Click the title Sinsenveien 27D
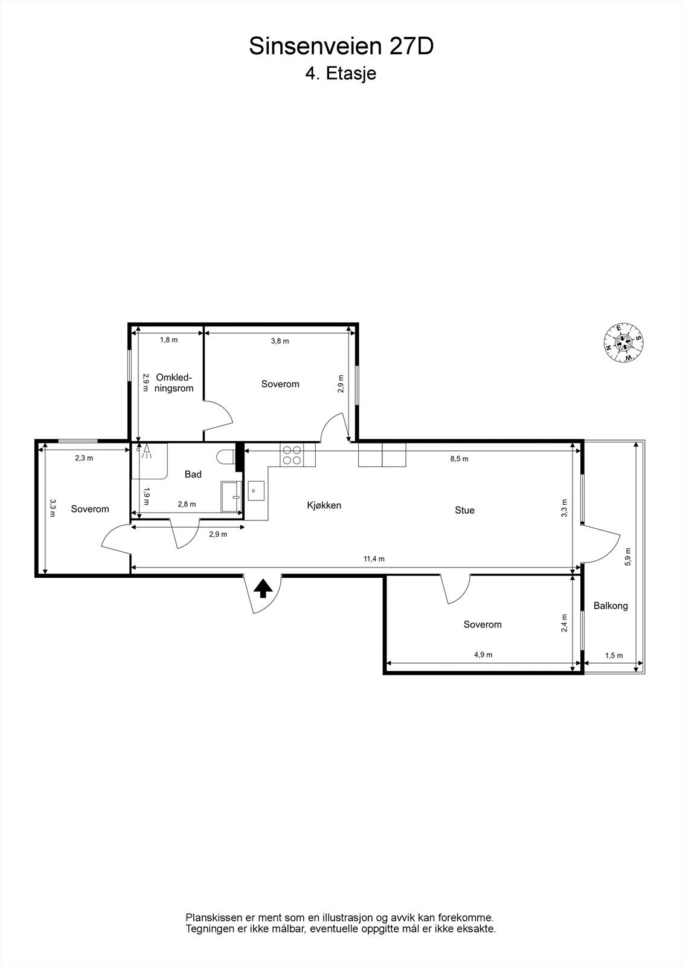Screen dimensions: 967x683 341,47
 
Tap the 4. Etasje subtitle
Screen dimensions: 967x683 341,74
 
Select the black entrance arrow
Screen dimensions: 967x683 262,588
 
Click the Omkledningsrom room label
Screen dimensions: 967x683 174,383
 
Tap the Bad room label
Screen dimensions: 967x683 193,474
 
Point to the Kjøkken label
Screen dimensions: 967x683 324,505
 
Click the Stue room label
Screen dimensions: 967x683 464,510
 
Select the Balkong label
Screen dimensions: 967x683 611,605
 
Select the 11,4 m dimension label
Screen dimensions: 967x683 374,559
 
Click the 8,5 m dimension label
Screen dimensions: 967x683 459,459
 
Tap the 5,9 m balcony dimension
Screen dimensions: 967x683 628,556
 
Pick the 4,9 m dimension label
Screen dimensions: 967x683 483,655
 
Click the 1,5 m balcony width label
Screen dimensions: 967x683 614,656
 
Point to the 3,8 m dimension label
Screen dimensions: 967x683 280,341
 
